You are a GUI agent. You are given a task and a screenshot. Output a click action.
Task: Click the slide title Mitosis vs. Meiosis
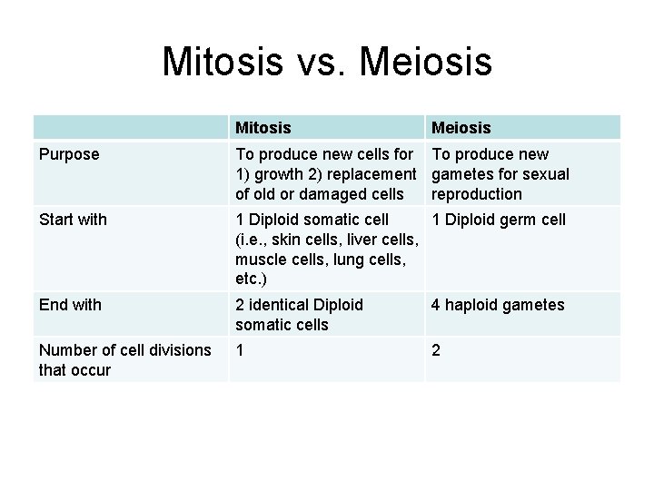click(x=327, y=62)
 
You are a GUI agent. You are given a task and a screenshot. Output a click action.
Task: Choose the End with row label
click(x=71, y=305)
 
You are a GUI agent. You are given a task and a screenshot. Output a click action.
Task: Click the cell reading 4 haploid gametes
click(x=498, y=305)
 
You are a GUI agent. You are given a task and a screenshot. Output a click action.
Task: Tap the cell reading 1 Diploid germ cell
click(x=499, y=219)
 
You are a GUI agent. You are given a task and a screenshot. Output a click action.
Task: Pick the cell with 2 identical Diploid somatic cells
click(x=299, y=314)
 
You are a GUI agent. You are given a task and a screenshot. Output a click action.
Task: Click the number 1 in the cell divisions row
click(x=240, y=349)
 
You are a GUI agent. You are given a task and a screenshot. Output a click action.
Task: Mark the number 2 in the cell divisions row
click(x=437, y=349)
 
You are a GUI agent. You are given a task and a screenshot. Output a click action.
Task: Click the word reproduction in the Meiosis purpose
click(x=477, y=194)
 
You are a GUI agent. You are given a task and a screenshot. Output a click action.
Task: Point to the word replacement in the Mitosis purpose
click(x=369, y=174)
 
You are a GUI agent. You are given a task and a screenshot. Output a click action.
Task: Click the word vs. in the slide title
click(x=318, y=62)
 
